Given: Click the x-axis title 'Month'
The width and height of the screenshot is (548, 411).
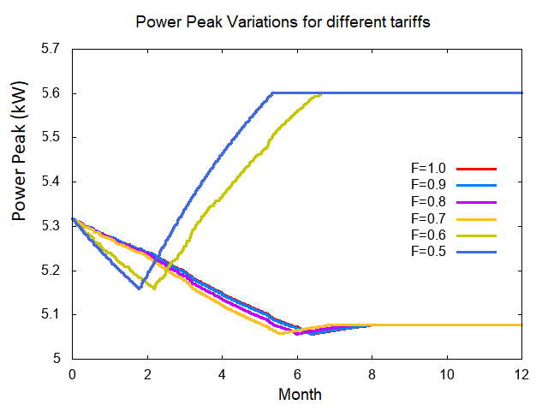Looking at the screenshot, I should coord(300,395).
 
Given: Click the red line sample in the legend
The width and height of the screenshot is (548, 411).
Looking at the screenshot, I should coord(477,169).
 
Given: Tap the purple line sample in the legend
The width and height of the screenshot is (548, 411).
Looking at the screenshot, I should coord(477,201).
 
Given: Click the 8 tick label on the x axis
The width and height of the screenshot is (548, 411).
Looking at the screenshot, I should coord(372,374).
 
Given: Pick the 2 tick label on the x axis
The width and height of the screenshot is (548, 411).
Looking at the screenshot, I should coord(146,374).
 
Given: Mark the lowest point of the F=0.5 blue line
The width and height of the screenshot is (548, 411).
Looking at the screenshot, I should coord(139,289).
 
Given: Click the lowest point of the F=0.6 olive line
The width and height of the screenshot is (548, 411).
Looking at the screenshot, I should coord(154,289).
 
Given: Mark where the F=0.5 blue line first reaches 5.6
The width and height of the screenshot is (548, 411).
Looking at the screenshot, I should coord(271,92).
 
